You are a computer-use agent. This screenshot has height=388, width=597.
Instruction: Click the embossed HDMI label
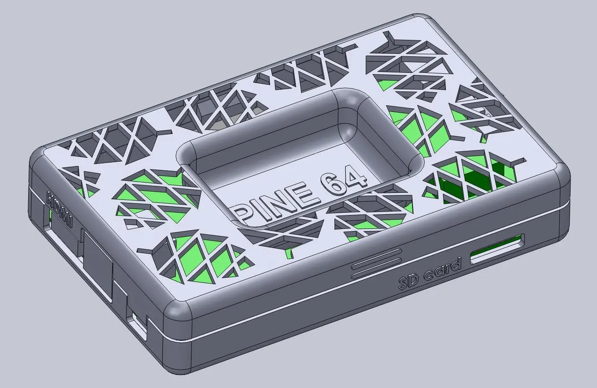[60, 209]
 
